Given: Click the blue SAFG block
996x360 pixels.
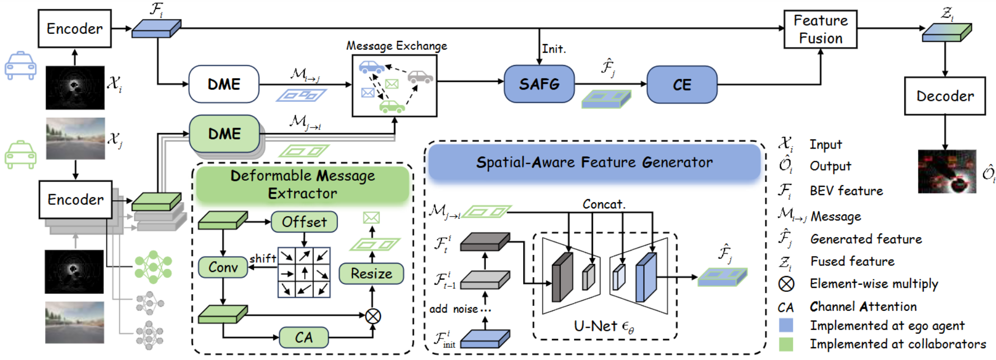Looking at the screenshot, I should tap(539, 84).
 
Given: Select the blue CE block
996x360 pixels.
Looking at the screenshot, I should tap(682, 84).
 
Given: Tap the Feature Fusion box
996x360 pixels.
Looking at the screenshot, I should tap(820, 29).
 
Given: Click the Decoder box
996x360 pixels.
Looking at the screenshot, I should tap(944, 96).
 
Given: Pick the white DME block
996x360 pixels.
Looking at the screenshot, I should tap(224, 84).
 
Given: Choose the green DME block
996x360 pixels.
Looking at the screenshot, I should tap(224, 134).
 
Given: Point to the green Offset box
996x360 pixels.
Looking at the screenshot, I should tap(304, 222).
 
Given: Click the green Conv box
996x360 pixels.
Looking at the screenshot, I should tap(223, 267).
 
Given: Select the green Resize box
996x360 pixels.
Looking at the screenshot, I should tap(371, 273).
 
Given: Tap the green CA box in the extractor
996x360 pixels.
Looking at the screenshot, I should tap(303, 337).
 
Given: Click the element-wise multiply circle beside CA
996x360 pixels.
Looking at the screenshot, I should tap(373, 316).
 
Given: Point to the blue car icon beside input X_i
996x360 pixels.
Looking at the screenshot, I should tap(20, 66).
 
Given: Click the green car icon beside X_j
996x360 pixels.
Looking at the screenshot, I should tap(20, 155).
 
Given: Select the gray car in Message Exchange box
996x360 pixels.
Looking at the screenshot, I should tap(420, 77).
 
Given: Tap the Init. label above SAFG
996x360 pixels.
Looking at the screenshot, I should tap(554, 49).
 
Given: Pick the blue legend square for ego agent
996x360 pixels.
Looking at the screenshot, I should tap(786, 325).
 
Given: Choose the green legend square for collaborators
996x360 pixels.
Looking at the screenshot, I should tap(786, 344).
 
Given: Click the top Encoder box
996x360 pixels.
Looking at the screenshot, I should tap(74, 29).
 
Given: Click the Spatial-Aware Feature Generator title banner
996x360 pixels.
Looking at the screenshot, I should tap(594, 162).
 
